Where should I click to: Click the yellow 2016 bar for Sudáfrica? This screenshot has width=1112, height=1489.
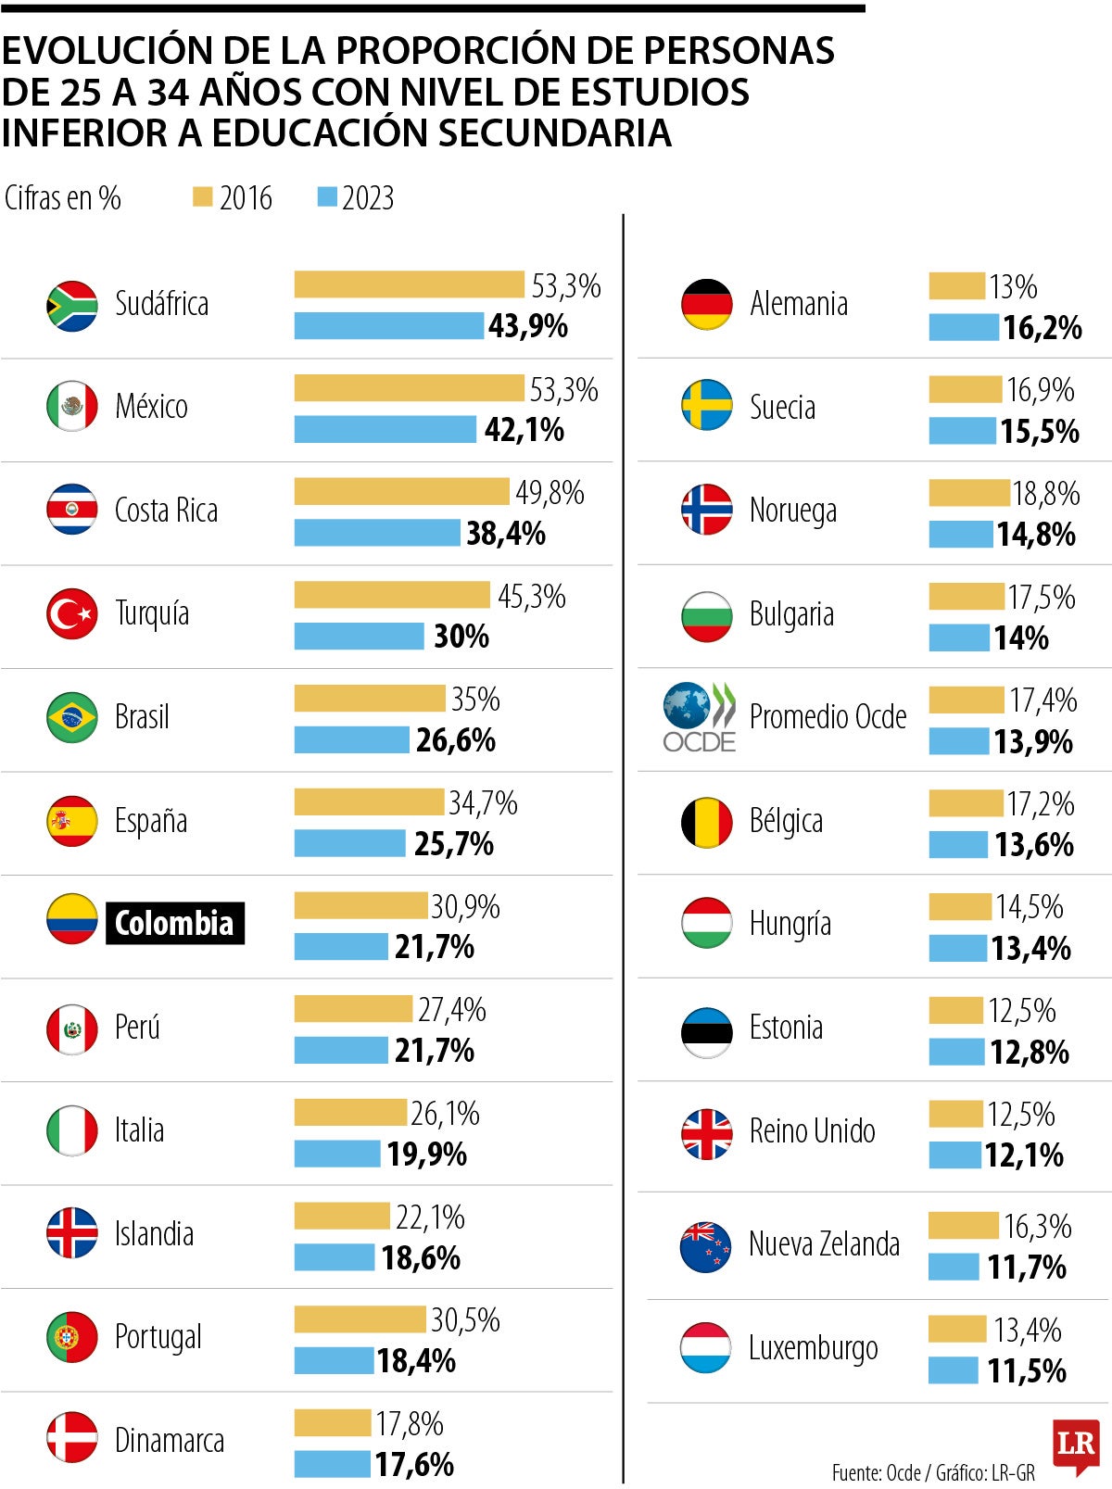pyautogui.click(x=409, y=284)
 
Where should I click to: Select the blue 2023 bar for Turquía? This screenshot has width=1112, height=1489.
pyautogui.click(x=359, y=636)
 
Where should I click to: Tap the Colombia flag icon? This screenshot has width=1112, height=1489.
pyautogui.click(x=72, y=919)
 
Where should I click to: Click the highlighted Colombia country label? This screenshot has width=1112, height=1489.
pyautogui.click(x=174, y=923)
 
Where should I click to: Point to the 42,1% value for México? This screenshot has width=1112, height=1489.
pyautogui.click(x=524, y=430)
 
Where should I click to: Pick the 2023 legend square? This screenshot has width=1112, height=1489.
pyautogui.click(x=327, y=196)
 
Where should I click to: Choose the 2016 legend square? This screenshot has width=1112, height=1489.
pyautogui.click(x=202, y=196)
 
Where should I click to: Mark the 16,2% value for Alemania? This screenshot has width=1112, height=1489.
pyautogui.click(x=1042, y=327)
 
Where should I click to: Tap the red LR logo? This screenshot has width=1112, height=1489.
pyautogui.click(x=1076, y=1445)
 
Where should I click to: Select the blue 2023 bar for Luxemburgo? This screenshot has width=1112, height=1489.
pyautogui.click(x=953, y=1369)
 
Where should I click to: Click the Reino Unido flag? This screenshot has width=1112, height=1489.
pyautogui.click(x=706, y=1133)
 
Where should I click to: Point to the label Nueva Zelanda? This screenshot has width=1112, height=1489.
pyautogui.click(x=824, y=1243)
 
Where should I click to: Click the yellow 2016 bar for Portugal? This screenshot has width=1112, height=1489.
pyautogui.click(x=360, y=1319)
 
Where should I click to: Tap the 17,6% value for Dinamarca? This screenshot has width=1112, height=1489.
pyautogui.click(x=414, y=1464)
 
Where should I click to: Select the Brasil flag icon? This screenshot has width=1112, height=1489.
pyautogui.click(x=72, y=717)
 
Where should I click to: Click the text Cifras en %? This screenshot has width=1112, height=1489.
pyautogui.click(x=62, y=197)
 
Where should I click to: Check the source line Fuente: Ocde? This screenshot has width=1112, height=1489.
pyautogui.click(x=876, y=1472)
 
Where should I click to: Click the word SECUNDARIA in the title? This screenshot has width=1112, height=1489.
pyautogui.click(x=554, y=132)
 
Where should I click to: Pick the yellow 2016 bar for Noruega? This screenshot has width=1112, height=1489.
pyautogui.click(x=968, y=493)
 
